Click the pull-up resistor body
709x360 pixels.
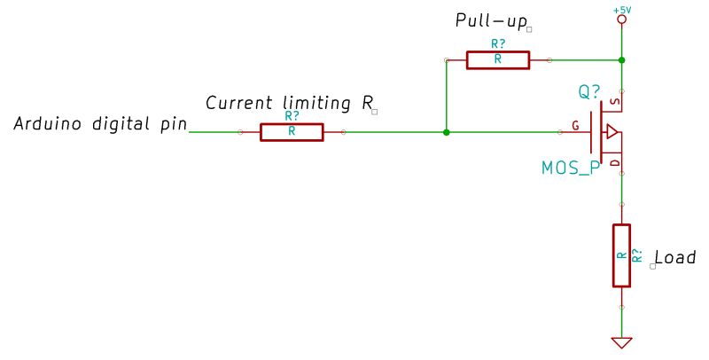point(497,60)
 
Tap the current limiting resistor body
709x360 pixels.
point(292,132)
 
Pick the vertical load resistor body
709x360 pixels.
point(622,255)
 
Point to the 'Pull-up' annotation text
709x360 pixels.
point(492,20)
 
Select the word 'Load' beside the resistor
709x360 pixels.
point(674,257)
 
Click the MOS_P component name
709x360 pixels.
point(570,168)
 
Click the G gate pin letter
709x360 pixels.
point(576,126)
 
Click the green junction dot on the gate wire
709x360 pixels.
point(446,132)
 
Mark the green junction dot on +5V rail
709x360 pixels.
point(622,60)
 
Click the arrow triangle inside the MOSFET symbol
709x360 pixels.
point(612,133)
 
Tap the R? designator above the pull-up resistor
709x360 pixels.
point(497,43)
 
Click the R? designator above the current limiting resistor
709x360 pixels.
point(292,115)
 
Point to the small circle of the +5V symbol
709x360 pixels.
point(622,19)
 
